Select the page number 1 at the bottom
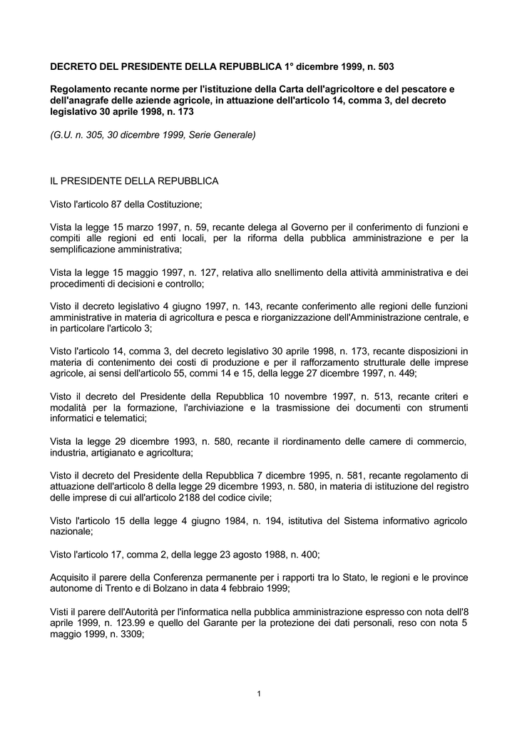pyautogui.click(x=258, y=694)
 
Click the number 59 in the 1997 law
pyautogui.click(x=202, y=227)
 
